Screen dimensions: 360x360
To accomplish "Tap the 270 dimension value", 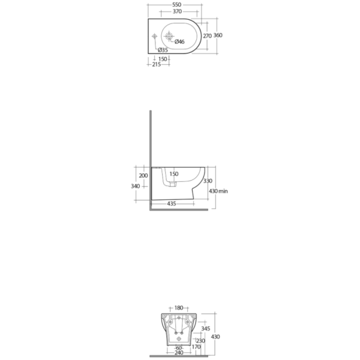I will (207, 35).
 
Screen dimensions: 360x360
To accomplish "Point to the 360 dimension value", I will (218, 35).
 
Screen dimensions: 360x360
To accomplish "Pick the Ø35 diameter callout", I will (163, 50).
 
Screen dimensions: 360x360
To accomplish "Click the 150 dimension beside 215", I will (163, 58).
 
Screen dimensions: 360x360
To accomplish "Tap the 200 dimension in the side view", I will (143, 175).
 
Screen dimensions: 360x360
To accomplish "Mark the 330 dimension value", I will (208, 181).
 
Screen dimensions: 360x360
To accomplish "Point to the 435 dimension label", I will (172, 204).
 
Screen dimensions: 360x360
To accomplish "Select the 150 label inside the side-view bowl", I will (174, 174).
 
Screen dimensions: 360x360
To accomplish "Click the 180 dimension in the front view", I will (178, 308).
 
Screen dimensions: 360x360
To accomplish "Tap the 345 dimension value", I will (205, 329).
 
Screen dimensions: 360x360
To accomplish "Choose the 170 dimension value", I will (196, 347).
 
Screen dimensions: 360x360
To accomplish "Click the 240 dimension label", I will (178, 353).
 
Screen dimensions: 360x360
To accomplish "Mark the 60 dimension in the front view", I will (178, 347).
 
